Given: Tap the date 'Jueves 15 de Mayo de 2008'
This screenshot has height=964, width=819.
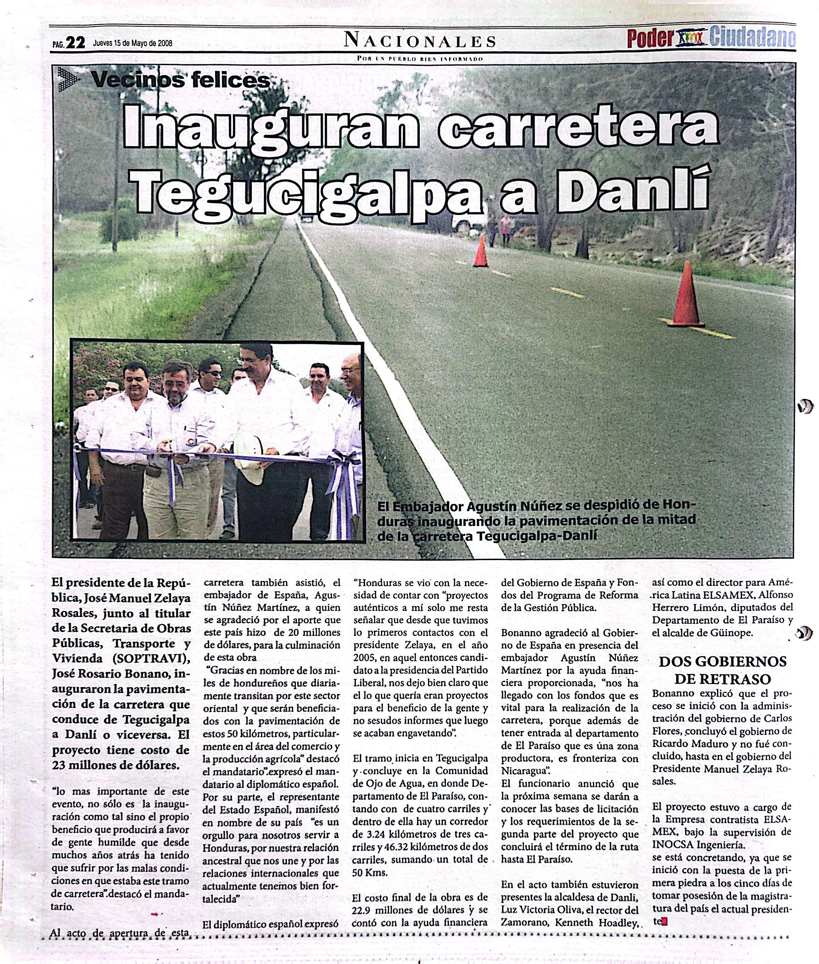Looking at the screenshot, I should pyautogui.click(x=133, y=43).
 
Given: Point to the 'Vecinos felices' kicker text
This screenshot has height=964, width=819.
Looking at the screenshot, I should pyautogui.click(x=180, y=80).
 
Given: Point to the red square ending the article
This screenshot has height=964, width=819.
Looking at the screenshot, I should pyautogui.click(x=665, y=922).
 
